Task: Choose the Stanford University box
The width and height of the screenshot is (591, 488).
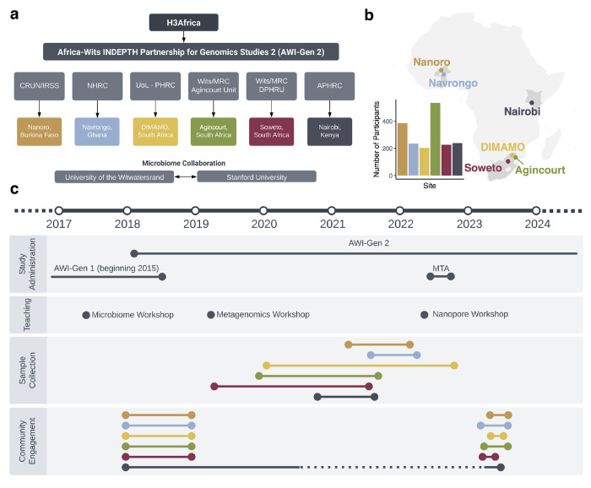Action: click(x=258, y=176)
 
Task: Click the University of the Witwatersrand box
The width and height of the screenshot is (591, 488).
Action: click(x=115, y=176)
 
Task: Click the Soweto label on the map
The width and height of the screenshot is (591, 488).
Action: click(x=483, y=169)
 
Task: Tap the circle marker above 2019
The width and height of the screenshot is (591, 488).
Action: click(x=195, y=210)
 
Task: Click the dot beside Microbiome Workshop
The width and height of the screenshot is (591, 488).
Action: click(x=86, y=315)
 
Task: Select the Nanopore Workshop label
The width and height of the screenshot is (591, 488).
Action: click(x=470, y=314)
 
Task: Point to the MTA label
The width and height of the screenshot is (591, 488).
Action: click(x=441, y=268)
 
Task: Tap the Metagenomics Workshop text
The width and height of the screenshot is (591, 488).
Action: click(x=263, y=314)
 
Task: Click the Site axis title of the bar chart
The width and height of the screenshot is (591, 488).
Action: click(x=431, y=185)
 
